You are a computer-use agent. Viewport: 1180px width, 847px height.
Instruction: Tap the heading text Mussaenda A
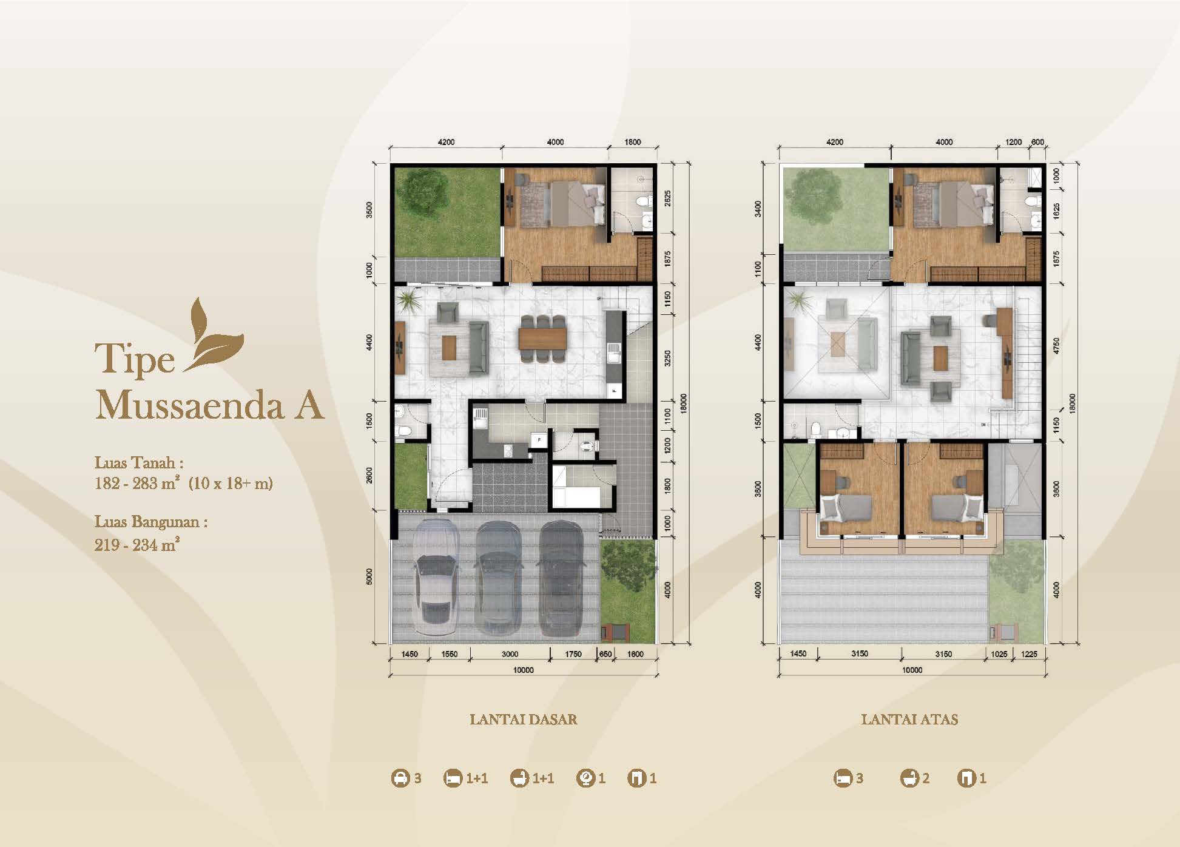(209, 405)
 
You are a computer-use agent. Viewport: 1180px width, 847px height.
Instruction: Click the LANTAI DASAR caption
(523, 720)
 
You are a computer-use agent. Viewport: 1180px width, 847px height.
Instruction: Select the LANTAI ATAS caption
(909, 720)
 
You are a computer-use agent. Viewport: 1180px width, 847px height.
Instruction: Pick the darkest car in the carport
(561, 579)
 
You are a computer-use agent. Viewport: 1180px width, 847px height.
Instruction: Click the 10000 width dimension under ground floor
(523, 670)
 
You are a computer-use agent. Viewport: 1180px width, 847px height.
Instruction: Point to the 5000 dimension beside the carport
(369, 577)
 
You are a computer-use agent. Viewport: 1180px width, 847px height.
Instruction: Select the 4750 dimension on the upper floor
(1056, 346)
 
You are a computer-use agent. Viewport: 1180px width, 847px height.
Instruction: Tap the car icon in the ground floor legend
(400, 778)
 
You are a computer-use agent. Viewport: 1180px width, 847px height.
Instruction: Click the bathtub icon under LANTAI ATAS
(909, 778)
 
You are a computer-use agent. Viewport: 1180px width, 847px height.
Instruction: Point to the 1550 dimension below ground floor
(449, 654)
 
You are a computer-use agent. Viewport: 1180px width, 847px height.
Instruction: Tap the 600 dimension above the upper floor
(1037, 142)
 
